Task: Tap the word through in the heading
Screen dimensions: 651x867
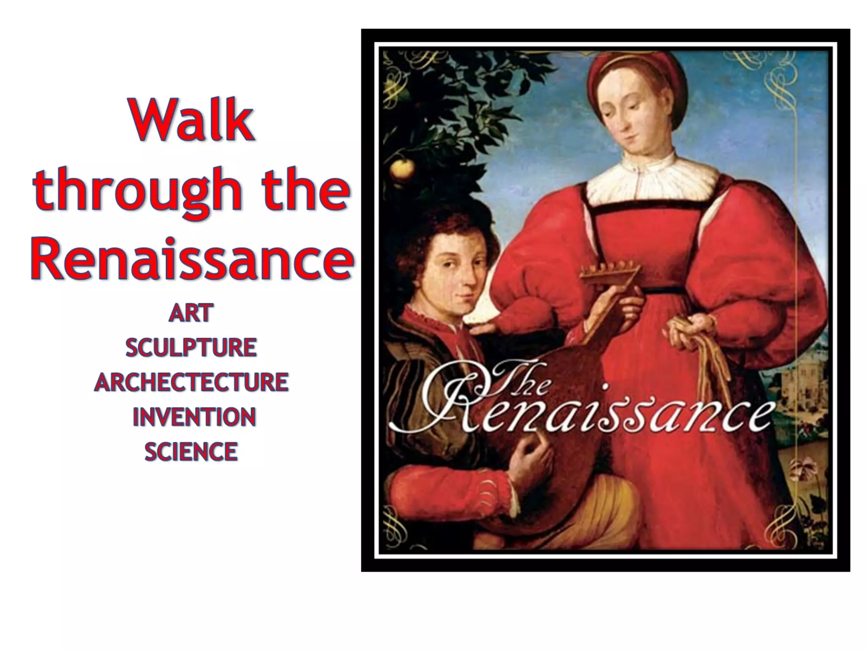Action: (138, 189)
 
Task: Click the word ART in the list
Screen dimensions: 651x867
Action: (191, 314)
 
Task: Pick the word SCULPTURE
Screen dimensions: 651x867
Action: (191, 348)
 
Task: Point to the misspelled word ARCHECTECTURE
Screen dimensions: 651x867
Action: (191, 382)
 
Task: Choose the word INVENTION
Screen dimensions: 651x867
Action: (194, 417)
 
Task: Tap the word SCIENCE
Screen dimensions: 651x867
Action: (191, 451)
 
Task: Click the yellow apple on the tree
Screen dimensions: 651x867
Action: (402, 169)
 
